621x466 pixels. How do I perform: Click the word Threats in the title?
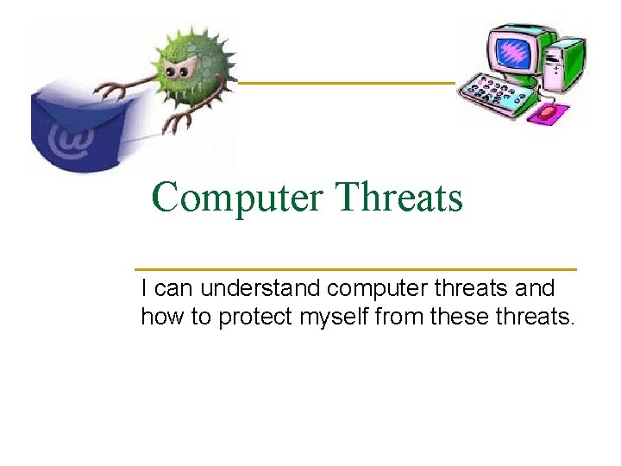pos(400,198)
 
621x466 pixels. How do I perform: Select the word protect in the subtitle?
pos(255,318)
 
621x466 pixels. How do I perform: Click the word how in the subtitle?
pos(162,318)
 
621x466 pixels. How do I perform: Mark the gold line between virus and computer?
pos(345,83)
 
